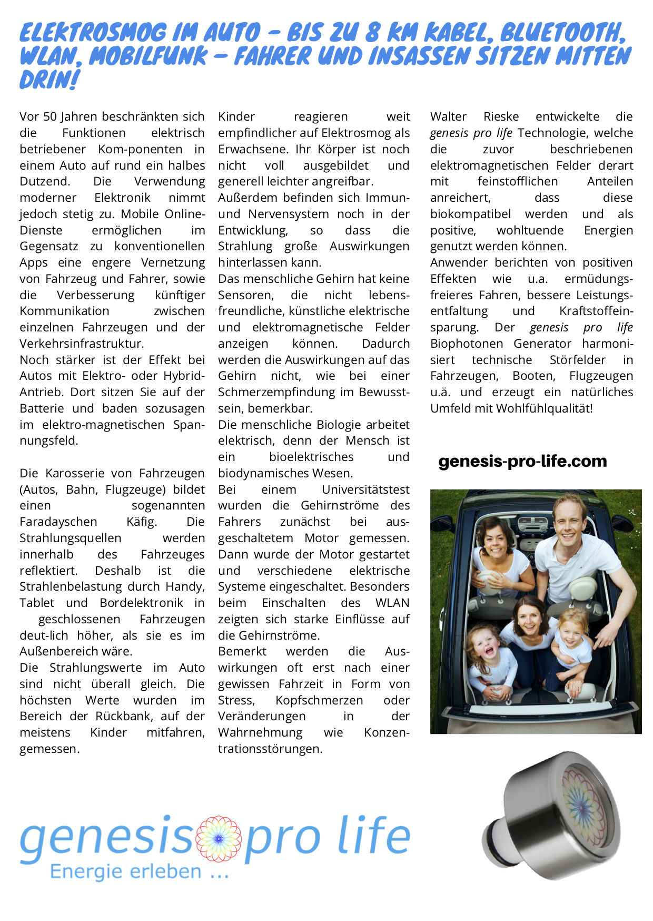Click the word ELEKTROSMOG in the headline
click(93, 33)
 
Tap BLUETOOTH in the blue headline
click(562, 33)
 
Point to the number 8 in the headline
click(372, 33)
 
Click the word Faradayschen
click(58, 522)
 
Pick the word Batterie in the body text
click(42, 408)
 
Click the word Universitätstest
click(365, 489)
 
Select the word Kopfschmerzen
click(319, 700)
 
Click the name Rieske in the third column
click(501, 116)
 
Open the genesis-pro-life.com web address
click(522, 462)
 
